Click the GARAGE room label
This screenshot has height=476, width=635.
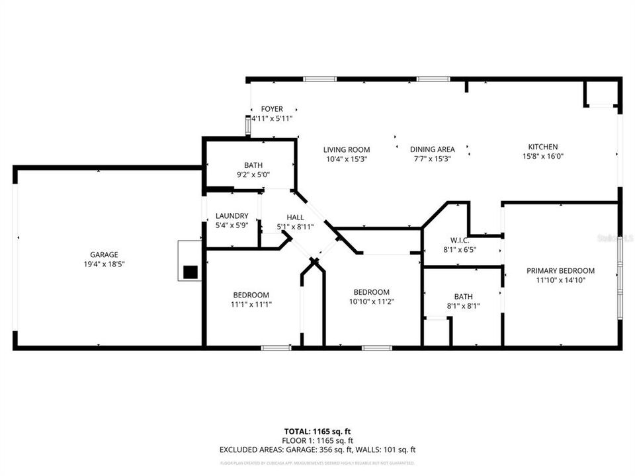pos(104,255)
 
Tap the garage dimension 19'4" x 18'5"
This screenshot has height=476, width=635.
pos(104,264)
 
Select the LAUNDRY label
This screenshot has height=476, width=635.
pos(232,216)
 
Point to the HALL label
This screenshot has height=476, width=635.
pos(295,218)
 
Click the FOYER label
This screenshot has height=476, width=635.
pos(272,109)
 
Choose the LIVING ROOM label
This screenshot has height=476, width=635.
pos(347,149)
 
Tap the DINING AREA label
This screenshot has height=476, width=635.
pos(432,149)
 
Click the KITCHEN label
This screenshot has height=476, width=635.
pos(542,147)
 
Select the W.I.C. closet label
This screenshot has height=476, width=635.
pos(460,241)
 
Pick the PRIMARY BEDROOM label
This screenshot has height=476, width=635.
pos(560,270)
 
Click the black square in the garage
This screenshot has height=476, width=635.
pos(190,271)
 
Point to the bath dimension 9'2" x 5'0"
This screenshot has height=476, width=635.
pos(249,175)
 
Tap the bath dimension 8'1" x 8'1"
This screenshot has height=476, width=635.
pos(463,306)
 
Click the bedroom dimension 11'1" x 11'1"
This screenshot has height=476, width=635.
pos(251,305)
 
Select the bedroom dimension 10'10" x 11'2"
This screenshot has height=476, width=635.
pos(371,301)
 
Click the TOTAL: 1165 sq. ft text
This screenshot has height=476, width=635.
pos(317,431)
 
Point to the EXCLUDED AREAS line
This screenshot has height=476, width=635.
pos(317,450)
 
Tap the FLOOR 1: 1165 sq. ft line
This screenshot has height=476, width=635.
pos(317,440)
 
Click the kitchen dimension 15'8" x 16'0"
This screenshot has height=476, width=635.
pos(542,157)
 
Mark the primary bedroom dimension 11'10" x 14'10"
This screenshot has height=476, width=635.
pos(560,280)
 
